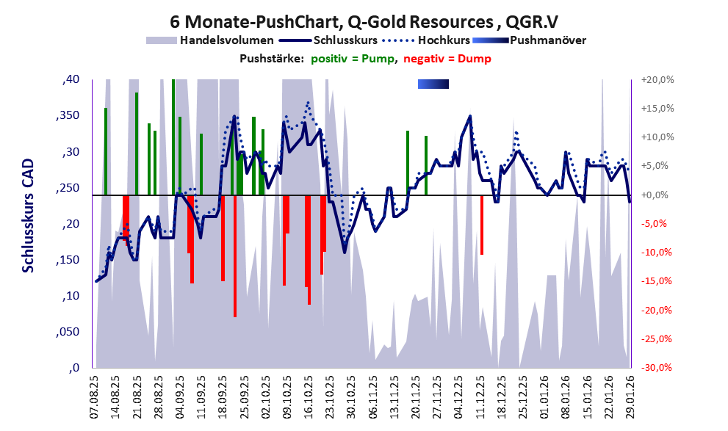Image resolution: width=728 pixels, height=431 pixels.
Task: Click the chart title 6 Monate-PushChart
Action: [x=364, y=20]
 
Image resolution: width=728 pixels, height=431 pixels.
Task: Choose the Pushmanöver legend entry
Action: [x=547, y=40]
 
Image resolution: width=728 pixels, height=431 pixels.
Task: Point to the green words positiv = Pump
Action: [x=352, y=59]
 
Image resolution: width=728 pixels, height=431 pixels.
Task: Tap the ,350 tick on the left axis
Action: [x=71, y=116]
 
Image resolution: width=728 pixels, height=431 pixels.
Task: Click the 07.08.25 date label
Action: [x=95, y=395]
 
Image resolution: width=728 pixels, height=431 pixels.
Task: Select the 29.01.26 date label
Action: [x=628, y=395]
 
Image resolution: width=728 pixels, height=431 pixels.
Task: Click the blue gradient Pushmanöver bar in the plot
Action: [x=433, y=84]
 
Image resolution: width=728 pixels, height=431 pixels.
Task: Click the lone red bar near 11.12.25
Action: [x=482, y=225]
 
